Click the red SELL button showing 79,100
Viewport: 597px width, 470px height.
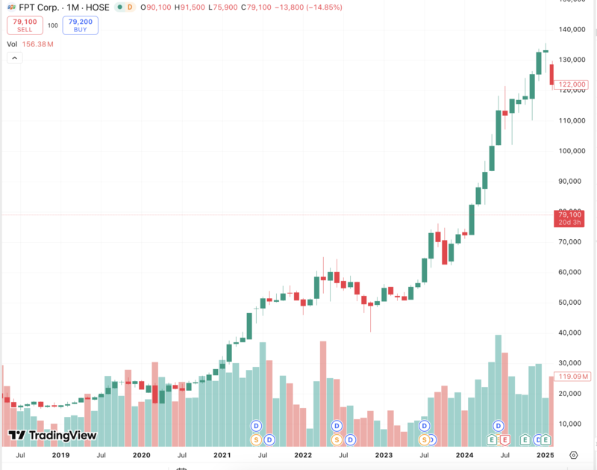[x=25, y=25]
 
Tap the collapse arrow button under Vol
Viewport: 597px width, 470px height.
[x=14, y=58]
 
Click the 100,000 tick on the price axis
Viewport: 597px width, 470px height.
[x=572, y=151]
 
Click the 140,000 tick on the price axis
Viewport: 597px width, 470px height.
[x=572, y=30]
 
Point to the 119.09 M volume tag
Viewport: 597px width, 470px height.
[x=572, y=377]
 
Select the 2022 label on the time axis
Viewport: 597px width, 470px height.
[x=302, y=454]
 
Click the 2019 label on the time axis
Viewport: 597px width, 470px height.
[x=60, y=454]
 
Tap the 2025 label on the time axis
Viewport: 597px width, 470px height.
[x=545, y=454]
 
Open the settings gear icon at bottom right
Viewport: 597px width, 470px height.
[x=573, y=454]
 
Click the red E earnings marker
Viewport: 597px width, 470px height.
[x=505, y=439]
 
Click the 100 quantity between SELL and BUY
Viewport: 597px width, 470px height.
[x=53, y=25]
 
